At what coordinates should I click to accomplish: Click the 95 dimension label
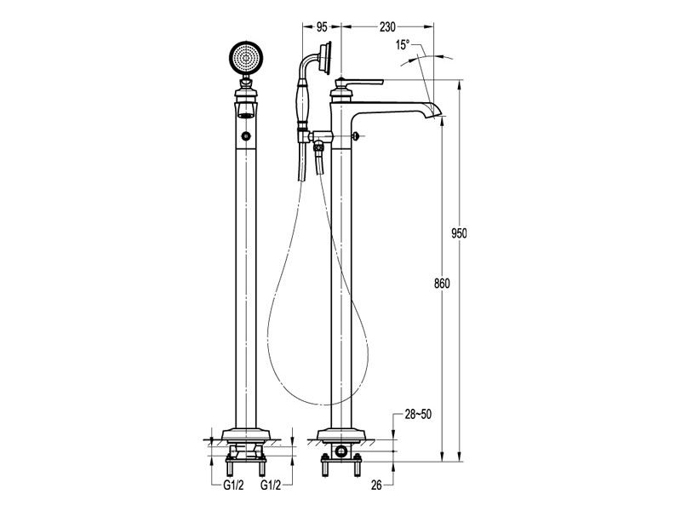[x=322, y=27]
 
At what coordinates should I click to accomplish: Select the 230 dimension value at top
[x=387, y=27]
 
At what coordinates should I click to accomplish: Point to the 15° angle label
[x=403, y=44]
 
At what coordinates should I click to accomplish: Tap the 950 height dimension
[x=459, y=233]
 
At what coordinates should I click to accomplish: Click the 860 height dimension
[x=442, y=284]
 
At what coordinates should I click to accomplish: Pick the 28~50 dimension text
[x=418, y=414]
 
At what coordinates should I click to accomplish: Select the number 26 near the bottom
[x=376, y=485]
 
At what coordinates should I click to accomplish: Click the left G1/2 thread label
[x=233, y=485]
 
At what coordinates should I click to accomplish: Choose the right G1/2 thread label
[x=271, y=485]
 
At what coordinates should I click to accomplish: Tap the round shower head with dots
[x=246, y=58]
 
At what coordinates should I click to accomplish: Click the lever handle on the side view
[x=361, y=82]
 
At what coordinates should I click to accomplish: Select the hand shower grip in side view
[x=302, y=103]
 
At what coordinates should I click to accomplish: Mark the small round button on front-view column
[x=247, y=136]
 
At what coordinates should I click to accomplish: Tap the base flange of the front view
[x=246, y=435]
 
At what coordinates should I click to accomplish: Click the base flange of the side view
[x=341, y=435]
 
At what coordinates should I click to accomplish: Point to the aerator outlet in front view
[x=246, y=115]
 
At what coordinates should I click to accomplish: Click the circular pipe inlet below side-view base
[x=341, y=451]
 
